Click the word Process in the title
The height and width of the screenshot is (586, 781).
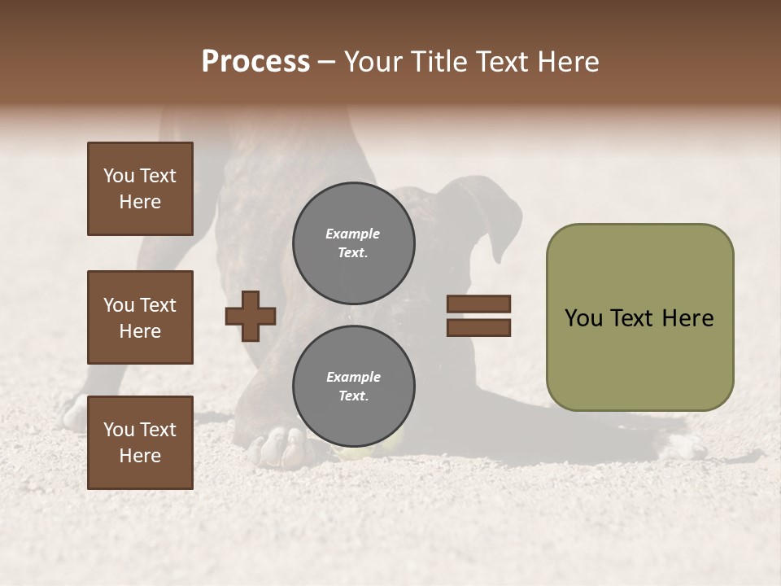point(255,62)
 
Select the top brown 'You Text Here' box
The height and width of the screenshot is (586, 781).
point(140,189)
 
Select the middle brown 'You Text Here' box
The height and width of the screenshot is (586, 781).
point(140,317)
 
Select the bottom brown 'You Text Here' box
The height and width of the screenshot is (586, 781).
point(140,443)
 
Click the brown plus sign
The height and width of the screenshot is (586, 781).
point(251,316)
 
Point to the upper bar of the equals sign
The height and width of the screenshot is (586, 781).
point(478,304)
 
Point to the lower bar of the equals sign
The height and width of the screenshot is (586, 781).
point(478,327)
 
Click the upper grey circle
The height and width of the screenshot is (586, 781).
point(353,243)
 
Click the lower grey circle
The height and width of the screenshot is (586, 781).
point(353,386)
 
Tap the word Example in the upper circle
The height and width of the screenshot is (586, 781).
point(353,234)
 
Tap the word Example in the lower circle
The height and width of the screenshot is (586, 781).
point(353,377)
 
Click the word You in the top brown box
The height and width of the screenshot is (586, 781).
point(119,176)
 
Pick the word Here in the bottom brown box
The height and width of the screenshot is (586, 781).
point(140,456)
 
